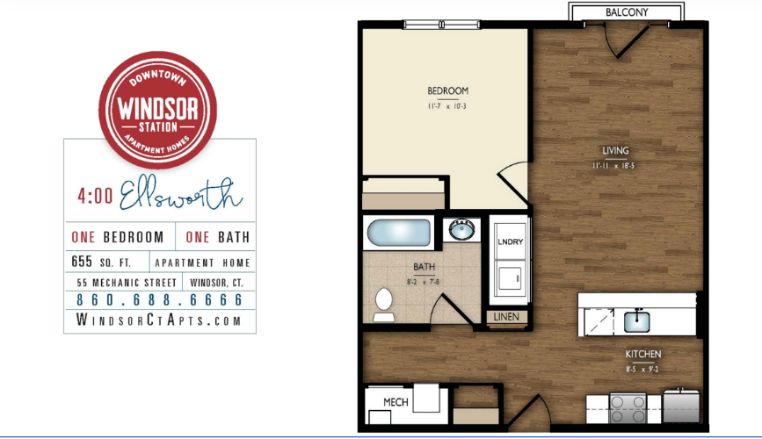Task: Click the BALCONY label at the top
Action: pos(627,12)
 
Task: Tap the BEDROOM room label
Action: pos(447,90)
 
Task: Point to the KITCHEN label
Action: pos(643,354)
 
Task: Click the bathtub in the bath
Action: pos(399,234)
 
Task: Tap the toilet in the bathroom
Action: pos(382,303)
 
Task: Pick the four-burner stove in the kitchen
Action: pos(628,407)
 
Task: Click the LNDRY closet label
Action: pos(510,242)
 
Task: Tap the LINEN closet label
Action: pos(507,317)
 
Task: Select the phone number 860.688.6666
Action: pos(159,300)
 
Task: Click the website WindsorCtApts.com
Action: pos(159,321)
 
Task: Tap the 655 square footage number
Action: pos(83,262)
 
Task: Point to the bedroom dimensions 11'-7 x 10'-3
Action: pos(447,106)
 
